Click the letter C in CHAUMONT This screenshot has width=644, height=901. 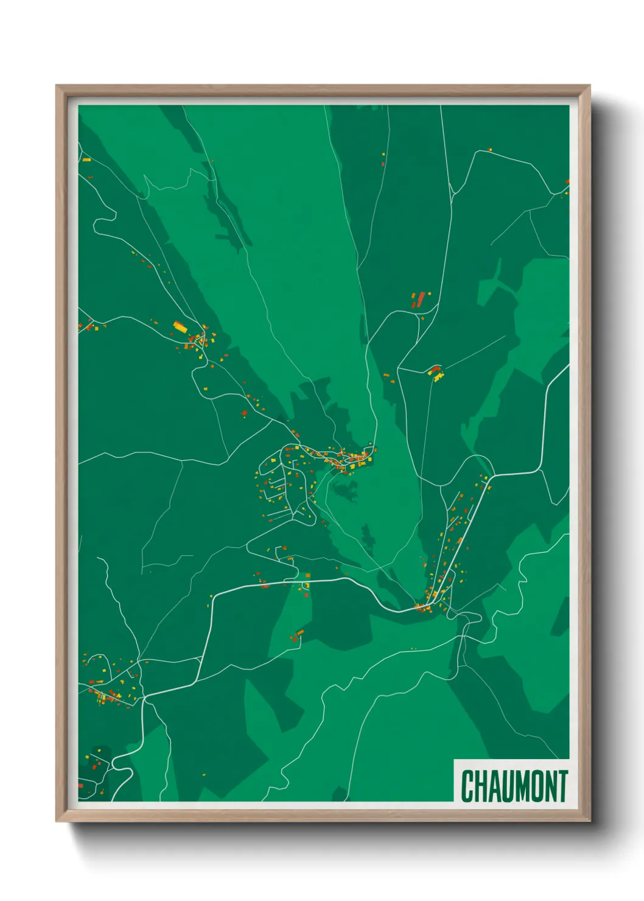(x=468, y=786)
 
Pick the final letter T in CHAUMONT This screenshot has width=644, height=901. (x=563, y=786)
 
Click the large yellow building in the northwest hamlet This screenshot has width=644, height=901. (x=180, y=326)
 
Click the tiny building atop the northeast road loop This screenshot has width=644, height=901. (x=489, y=149)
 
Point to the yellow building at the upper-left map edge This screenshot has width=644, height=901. (x=86, y=160)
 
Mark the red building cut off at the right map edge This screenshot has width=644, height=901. (x=567, y=181)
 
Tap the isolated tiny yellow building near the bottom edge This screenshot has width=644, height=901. (x=203, y=775)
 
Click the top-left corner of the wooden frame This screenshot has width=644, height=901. (x=56, y=85)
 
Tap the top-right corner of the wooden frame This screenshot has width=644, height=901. (x=590, y=85)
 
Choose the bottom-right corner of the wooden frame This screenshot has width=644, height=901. (x=590, y=822)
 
